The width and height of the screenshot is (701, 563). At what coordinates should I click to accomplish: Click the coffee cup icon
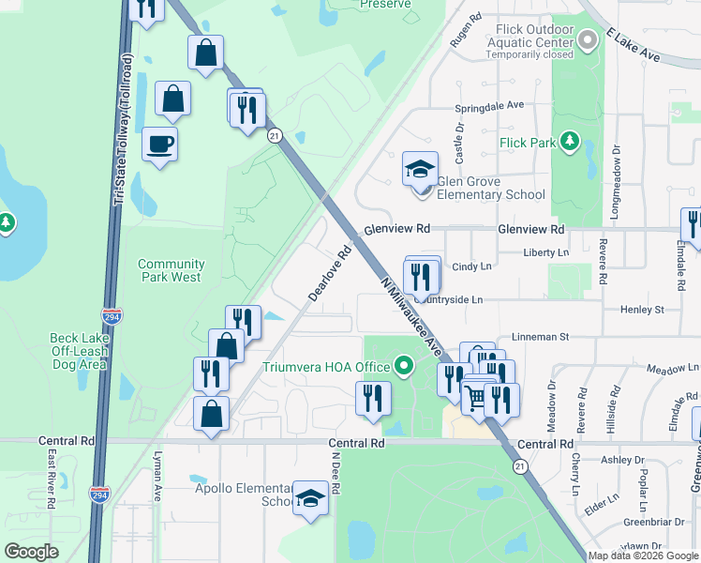tap(158, 145)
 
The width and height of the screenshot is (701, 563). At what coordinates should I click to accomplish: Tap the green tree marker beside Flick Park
tap(568, 142)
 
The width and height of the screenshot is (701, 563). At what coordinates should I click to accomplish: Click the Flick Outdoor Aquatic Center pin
tap(587, 40)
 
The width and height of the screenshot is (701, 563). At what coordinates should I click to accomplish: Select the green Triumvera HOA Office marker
tap(404, 365)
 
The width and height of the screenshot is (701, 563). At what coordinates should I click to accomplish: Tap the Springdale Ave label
tap(488, 106)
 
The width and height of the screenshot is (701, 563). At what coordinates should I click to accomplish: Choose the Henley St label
tap(646, 309)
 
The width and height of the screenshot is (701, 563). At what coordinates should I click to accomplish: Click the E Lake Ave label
tap(634, 46)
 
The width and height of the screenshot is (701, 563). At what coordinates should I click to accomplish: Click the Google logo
tap(31, 552)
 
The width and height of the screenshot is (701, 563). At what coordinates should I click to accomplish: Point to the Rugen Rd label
tap(465, 30)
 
